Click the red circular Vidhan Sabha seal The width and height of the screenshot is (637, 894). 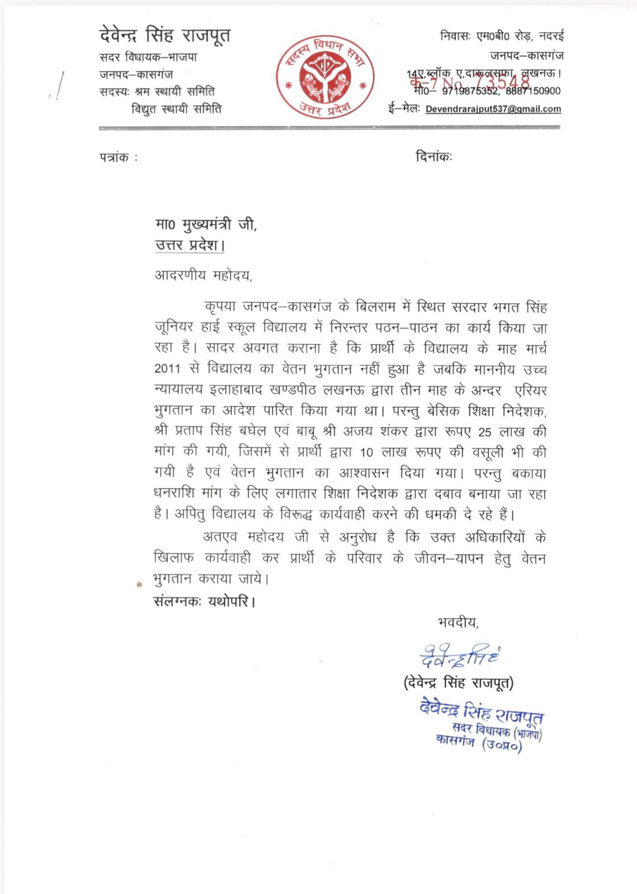point(325,77)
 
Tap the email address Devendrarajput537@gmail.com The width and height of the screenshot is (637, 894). point(493,109)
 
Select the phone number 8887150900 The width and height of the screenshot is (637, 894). point(533,91)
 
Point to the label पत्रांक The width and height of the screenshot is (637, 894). point(115,158)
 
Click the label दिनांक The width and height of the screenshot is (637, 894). point(433,157)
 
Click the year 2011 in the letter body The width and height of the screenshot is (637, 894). point(168,369)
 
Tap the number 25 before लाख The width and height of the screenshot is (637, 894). point(485,432)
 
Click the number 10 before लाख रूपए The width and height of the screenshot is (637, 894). point(367,453)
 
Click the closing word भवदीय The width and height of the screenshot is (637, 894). point(458,622)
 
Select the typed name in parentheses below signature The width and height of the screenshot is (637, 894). point(458,683)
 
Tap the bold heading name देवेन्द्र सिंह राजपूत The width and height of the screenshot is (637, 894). point(165,36)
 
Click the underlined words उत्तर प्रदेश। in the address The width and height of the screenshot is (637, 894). point(190,245)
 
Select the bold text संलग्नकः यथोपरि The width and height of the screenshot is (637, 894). point(204,602)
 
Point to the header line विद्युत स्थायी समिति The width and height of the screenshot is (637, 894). point(176,109)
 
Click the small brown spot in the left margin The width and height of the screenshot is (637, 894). point(139,584)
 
